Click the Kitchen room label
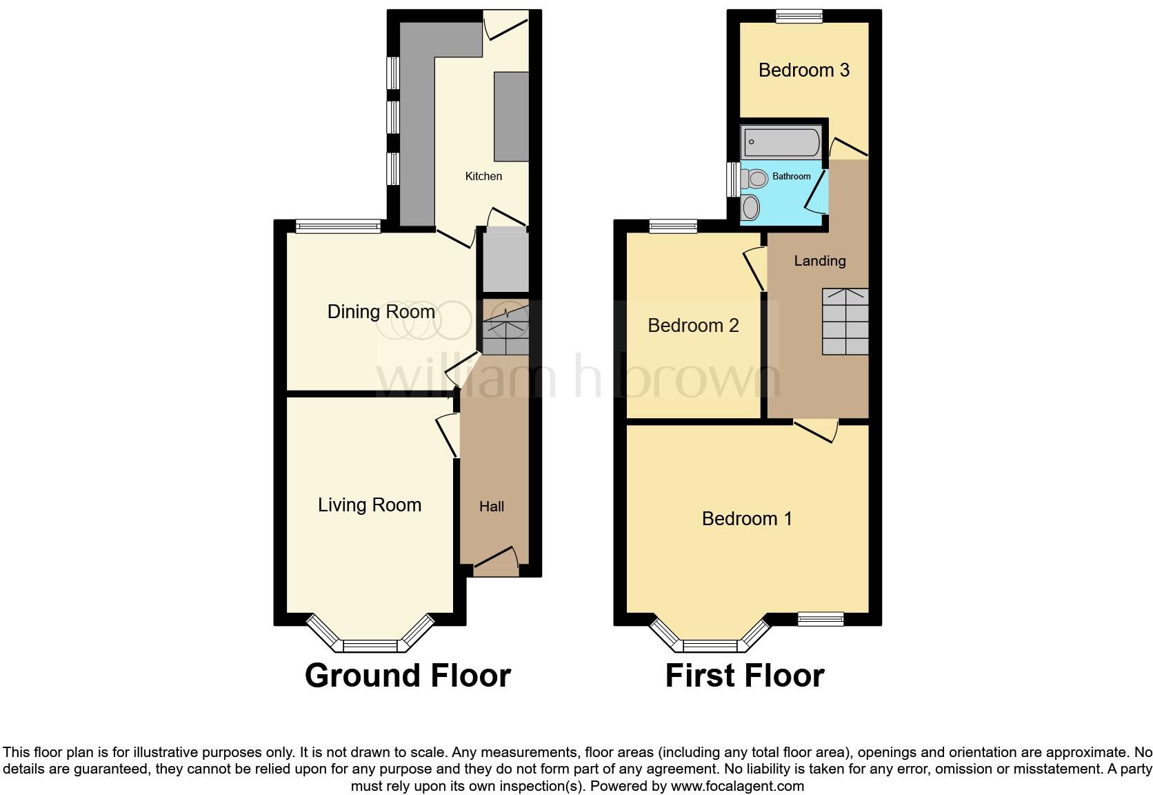coord(483,177)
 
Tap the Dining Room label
coord(381,312)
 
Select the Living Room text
coord(370,505)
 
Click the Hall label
coord(492,507)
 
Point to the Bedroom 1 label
coord(747,519)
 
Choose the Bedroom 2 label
coord(693,326)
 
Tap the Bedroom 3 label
coord(803,70)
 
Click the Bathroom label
coord(791,177)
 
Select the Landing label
coord(819,261)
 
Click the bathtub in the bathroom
coord(781,143)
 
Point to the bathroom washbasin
coord(750,206)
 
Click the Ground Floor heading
coord(408,676)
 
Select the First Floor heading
coord(745,676)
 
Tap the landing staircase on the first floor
coord(845,322)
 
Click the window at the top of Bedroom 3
coord(799,17)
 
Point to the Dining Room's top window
coord(338,226)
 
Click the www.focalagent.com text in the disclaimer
coord(736,785)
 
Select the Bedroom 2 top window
coord(674,226)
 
